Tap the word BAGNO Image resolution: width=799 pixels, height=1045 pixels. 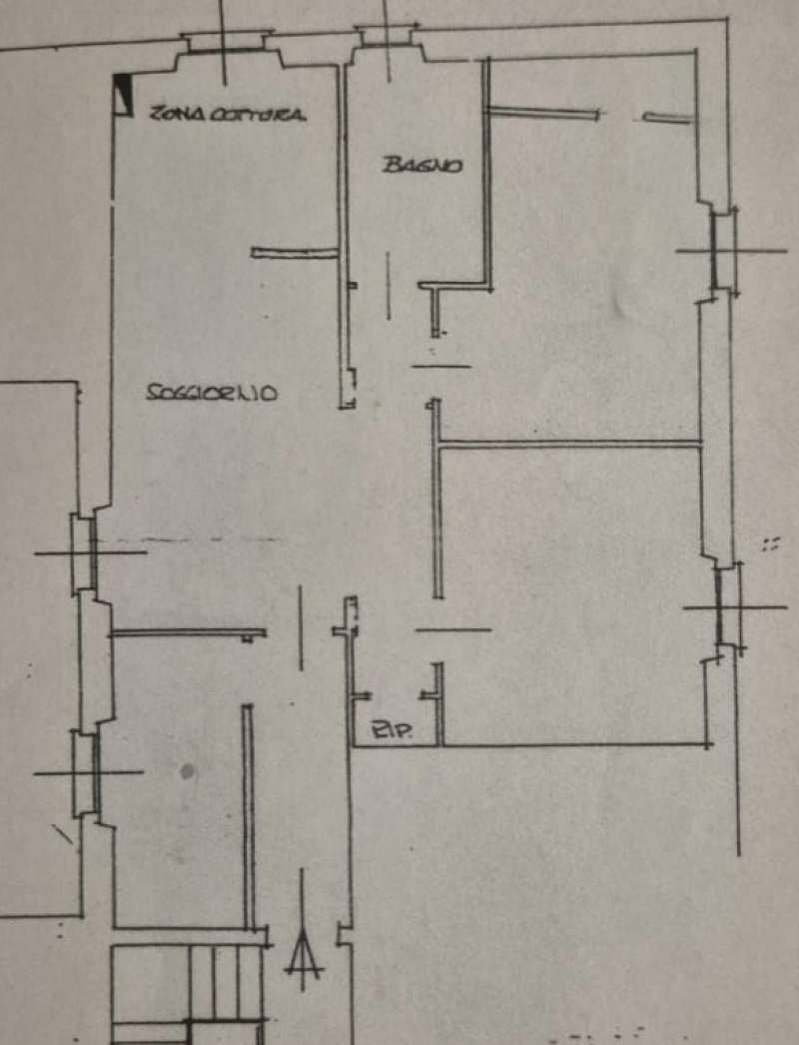pos(422,165)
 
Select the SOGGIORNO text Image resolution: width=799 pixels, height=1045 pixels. pos(212,394)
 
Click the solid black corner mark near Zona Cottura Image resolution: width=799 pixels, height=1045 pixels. pos(123,92)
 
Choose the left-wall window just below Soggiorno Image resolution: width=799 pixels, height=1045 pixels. pos(84,552)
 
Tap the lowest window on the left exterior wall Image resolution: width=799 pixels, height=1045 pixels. pos(86,772)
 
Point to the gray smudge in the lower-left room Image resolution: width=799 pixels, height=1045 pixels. pos(187,771)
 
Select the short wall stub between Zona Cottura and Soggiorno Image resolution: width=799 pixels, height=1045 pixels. pos(296,253)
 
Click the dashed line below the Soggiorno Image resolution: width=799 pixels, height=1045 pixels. pos(200,541)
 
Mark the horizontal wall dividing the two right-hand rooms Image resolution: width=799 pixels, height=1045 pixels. pos(569,444)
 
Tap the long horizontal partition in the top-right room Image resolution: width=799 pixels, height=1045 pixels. pos(544,113)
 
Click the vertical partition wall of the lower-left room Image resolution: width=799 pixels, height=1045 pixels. pos(248,814)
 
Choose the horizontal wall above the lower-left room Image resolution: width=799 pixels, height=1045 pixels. pos(187,632)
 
